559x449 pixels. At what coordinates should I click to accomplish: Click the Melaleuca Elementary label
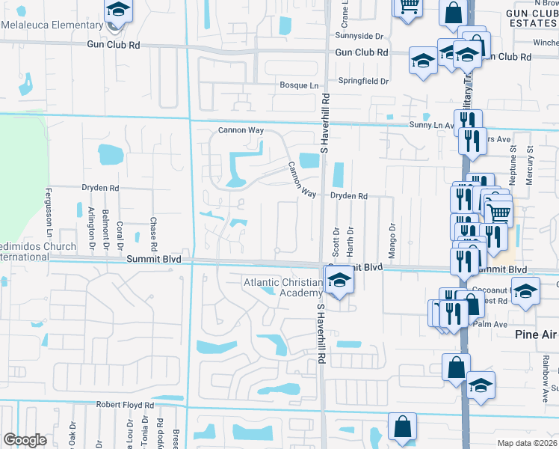coord(52,25)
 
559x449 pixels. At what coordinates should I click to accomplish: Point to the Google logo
coord(25,439)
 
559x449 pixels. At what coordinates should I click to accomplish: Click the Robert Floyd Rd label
coord(124,405)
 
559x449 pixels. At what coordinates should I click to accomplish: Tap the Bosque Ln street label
coord(299,86)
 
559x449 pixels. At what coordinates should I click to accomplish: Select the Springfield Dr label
coord(363,81)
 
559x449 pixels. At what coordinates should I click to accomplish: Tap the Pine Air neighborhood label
coord(537,335)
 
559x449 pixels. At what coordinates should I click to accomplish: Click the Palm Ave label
coord(493,324)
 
